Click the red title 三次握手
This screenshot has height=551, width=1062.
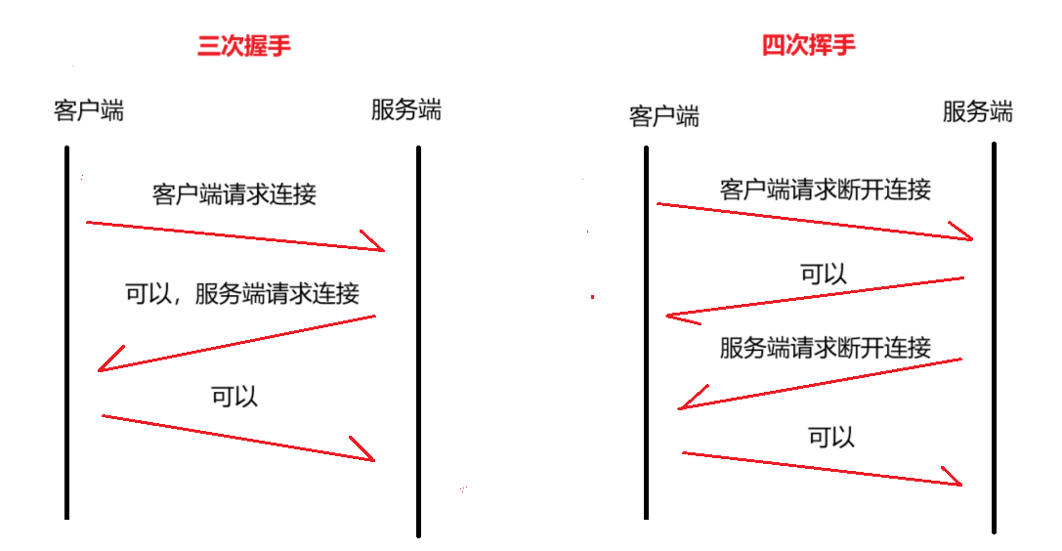click(244, 46)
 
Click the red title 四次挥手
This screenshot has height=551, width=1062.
click(809, 46)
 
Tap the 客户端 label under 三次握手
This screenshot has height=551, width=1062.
click(89, 109)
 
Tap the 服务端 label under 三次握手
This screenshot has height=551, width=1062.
click(405, 109)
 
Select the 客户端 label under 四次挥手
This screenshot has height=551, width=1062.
click(664, 116)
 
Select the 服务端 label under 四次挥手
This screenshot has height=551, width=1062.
click(977, 111)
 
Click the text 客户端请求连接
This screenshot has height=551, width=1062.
click(234, 193)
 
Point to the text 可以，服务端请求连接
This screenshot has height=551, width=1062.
click(242, 292)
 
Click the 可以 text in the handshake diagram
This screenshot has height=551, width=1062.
click(234, 396)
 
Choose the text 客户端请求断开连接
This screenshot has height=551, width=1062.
click(825, 189)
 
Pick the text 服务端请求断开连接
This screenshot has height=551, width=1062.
click(825, 347)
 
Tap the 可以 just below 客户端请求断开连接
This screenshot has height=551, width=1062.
click(824, 275)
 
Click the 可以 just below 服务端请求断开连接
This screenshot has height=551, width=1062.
click(831, 437)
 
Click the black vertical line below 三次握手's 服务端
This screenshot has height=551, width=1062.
click(418, 342)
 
